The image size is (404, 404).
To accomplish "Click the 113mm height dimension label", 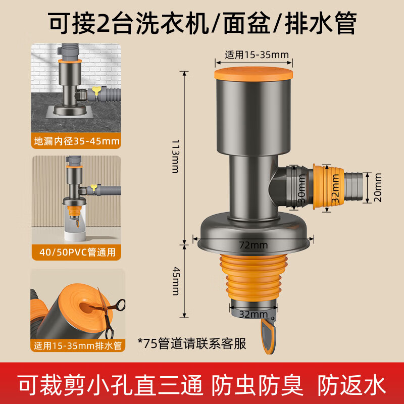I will (174, 156).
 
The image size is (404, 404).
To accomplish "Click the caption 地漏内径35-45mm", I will (76, 141).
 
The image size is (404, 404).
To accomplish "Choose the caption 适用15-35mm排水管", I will (76, 346).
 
